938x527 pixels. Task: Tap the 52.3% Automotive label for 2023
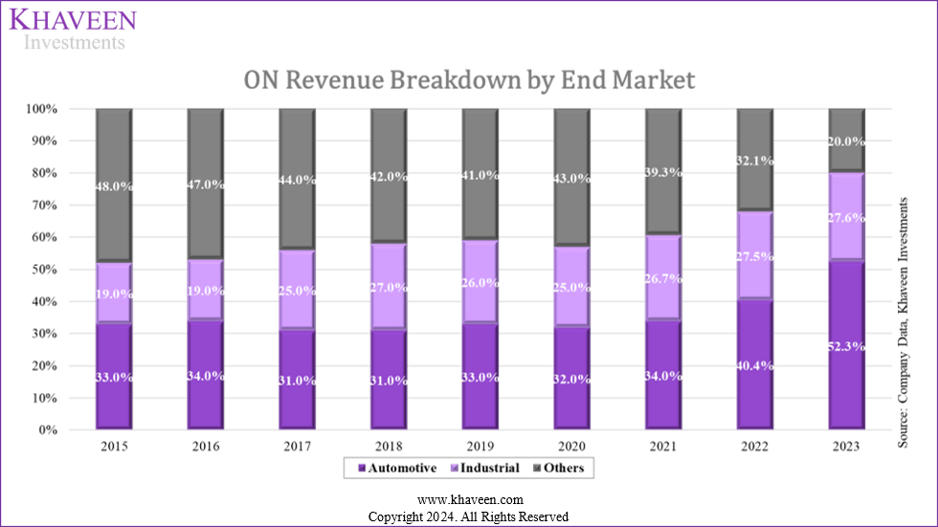847,346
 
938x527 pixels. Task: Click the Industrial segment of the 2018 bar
390,286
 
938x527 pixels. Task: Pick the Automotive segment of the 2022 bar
755,363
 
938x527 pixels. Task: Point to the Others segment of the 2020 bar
572,177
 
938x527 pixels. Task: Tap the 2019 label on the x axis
480,446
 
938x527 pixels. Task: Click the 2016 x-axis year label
206,446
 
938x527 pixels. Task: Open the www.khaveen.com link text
469,499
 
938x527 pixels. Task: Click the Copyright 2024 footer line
469,516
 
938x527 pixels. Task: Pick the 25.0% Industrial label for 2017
298,289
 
